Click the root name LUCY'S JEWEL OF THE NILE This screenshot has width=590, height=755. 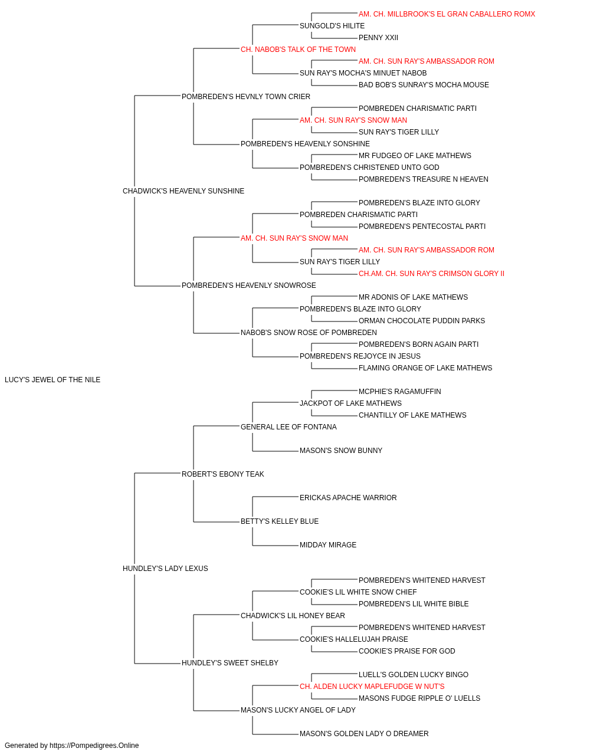pos(53,380)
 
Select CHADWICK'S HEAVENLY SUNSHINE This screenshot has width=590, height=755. pos(183,191)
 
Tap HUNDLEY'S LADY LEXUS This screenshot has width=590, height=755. pos(165,569)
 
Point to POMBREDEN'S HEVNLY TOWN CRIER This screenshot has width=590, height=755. pos(246,97)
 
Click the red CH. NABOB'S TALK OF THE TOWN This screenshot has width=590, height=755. pos(298,50)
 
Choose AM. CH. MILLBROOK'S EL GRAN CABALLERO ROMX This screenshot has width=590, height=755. pos(447,14)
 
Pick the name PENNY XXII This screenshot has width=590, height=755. pos(378,38)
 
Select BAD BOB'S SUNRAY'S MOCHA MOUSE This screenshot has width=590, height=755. pos(424,85)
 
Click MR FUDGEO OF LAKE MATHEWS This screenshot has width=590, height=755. pos(415,156)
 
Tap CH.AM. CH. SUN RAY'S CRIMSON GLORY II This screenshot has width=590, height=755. pos(431,274)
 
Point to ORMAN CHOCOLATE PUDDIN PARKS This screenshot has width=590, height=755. pos(422,321)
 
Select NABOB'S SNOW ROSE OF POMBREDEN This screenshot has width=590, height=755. pos(309,333)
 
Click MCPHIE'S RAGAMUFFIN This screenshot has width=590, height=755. pos(400,392)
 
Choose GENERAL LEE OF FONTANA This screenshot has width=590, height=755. pos(289,427)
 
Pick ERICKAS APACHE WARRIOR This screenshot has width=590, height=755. pos(348,498)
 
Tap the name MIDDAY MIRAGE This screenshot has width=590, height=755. pos(328,545)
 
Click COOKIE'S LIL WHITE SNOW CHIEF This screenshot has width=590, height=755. pos(358,592)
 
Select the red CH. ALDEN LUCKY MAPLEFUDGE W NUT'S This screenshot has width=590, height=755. pos(372,687)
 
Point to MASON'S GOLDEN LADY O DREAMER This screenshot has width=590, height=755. pos(364,733)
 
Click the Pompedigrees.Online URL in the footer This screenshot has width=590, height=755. pos(94,746)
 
